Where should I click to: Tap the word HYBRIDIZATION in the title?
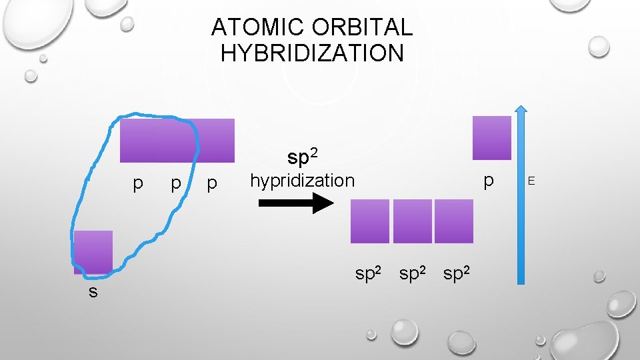coord(312,53)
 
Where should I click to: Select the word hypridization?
coord(302,180)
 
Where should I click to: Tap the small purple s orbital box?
coord(93,252)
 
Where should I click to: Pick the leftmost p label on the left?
coord(137,183)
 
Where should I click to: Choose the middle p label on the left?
coord(175,183)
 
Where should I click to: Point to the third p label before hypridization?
coord(212,183)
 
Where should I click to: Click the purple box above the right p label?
coord(491,138)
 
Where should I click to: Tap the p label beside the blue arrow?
coord(490,181)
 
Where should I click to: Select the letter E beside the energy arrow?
coord(531,180)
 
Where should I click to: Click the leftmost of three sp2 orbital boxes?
coord(370,221)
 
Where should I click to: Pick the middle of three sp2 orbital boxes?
coord(413,221)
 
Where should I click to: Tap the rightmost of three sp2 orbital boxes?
coord(454,221)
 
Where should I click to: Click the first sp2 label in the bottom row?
coord(369,273)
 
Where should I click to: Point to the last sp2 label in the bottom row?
coord(458,273)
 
